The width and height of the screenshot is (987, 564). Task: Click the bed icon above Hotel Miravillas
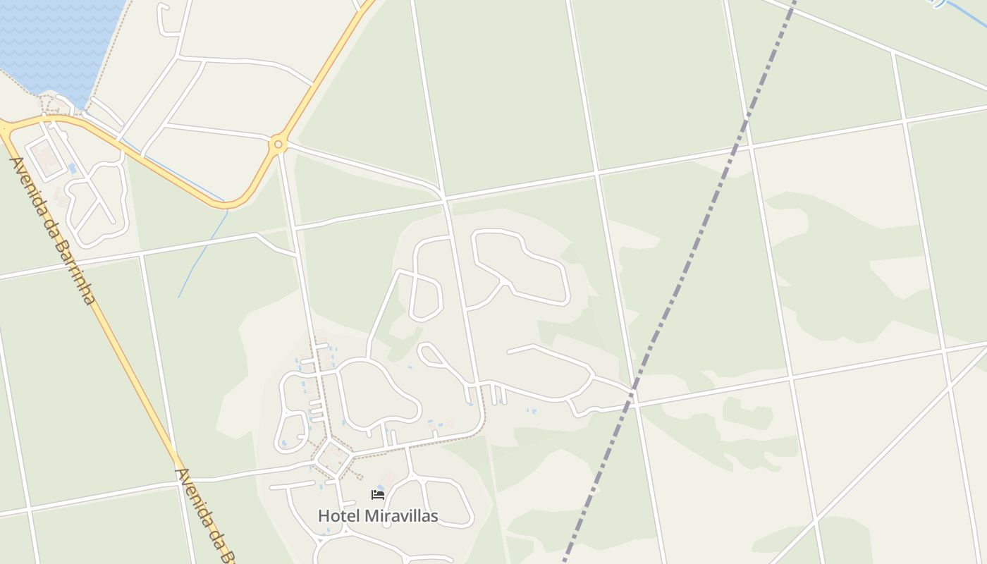(x=378, y=494)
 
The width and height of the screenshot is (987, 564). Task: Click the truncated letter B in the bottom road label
(x=227, y=555)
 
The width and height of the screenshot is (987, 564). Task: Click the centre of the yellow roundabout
(x=278, y=145)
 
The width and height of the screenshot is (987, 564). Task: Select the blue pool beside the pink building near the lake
(x=73, y=168)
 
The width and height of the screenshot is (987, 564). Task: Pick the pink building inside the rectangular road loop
(x=47, y=158)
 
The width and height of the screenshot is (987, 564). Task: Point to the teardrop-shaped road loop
(x=427, y=296)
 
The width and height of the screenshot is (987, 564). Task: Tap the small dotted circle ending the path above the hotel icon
(x=358, y=477)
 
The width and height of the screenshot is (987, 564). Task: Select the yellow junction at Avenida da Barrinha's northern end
(x=6, y=128)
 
